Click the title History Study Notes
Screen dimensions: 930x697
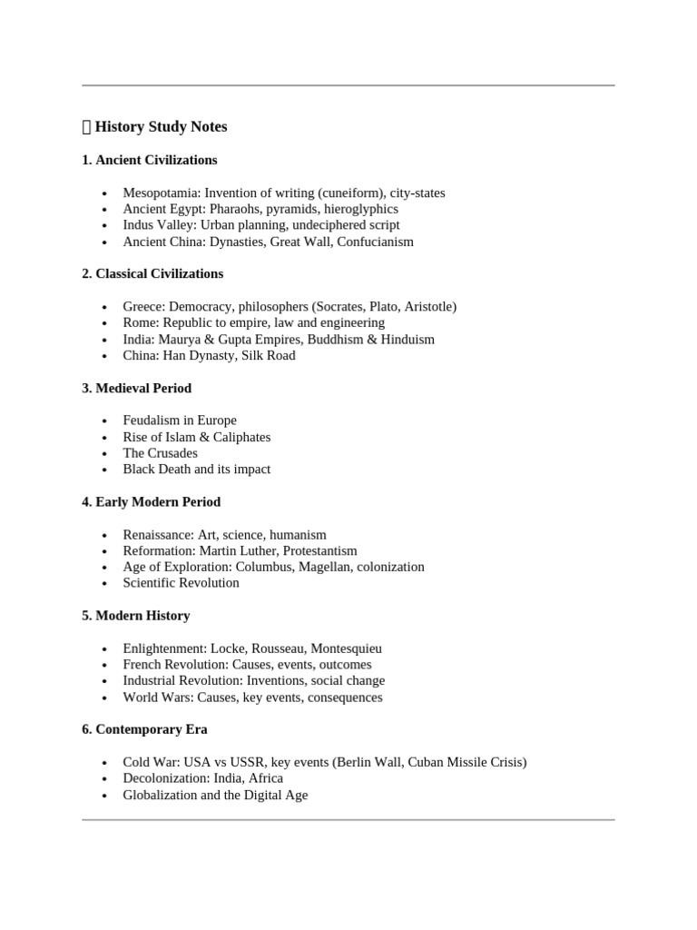pos(161,126)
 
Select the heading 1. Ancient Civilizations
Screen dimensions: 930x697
pos(149,160)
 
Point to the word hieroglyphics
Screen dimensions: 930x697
pos(358,209)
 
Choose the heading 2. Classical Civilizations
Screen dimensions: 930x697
pos(152,273)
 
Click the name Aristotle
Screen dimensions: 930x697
pos(427,306)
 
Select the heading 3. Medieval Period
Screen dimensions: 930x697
pos(136,388)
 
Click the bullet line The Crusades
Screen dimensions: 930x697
pos(160,452)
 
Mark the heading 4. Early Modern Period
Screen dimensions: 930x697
pos(151,501)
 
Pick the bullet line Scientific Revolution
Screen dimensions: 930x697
pos(181,583)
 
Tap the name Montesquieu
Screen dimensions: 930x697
pos(346,648)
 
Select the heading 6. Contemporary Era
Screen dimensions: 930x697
pos(144,729)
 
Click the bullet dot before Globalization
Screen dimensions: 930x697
pos(105,796)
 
